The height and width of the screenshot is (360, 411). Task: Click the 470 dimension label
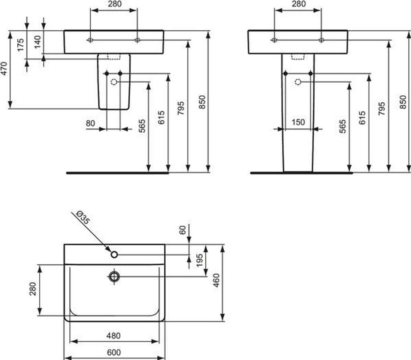(4, 69)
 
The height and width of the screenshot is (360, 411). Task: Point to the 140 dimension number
(37, 42)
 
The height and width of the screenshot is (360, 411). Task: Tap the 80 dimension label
(90, 124)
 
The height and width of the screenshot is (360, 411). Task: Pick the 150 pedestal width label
(298, 122)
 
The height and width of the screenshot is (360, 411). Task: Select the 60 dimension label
(183, 230)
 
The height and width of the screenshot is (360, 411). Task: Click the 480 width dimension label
(114, 336)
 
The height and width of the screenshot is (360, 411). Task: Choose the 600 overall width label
(114, 352)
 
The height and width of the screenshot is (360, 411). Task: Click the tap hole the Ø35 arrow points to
(114, 254)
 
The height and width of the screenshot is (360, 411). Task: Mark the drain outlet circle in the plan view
(114, 276)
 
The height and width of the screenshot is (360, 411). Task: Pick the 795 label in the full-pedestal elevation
(382, 108)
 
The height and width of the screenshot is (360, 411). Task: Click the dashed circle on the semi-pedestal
(114, 82)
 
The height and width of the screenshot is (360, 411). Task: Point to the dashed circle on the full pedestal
(298, 82)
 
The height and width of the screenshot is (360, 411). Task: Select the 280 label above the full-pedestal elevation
(298, 4)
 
